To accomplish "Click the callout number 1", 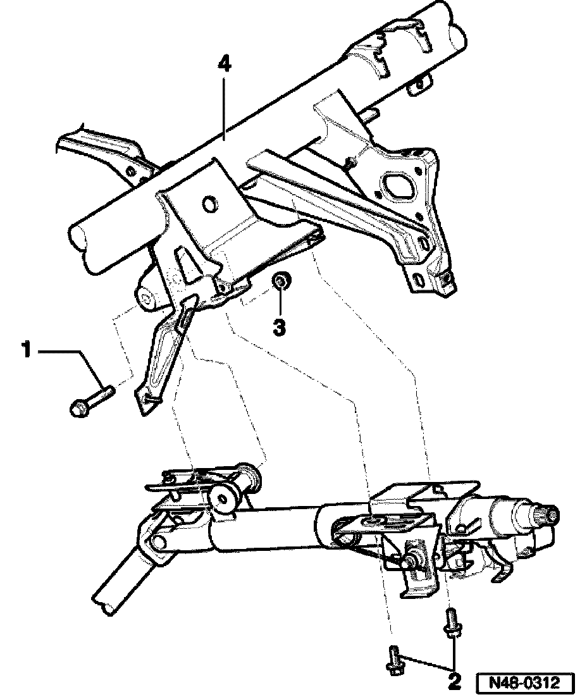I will pos(27,350).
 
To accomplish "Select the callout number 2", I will pos(454,682).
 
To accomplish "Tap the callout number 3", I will pos(279,327).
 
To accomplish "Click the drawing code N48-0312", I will pos(525,683).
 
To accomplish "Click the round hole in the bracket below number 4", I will pos(207,204).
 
